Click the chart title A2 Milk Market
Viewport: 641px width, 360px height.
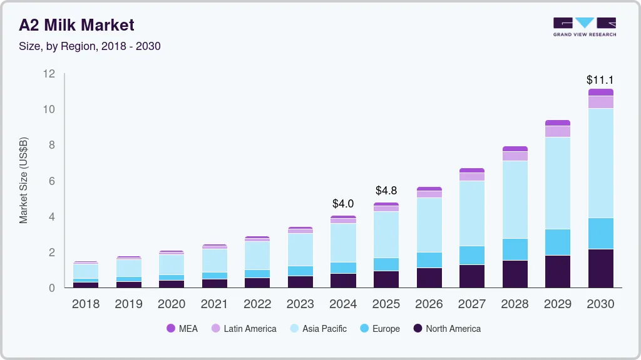click(x=76, y=25)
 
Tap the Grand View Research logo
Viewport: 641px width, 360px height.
click(x=584, y=26)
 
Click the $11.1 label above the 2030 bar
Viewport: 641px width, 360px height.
click(x=600, y=80)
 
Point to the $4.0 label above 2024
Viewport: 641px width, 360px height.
click(x=343, y=204)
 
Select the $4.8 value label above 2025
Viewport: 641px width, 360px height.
click(x=386, y=191)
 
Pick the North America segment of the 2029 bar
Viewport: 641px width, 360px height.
click(x=557, y=271)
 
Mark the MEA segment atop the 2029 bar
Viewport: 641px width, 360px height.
click(x=557, y=123)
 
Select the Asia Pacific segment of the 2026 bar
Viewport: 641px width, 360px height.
click(x=429, y=225)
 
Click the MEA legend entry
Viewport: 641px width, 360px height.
click(x=182, y=328)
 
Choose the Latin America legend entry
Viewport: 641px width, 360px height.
click(x=244, y=328)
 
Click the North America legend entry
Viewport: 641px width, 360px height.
click(x=447, y=328)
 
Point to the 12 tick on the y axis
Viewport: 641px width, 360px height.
click(x=49, y=74)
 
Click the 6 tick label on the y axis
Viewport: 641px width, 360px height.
click(x=52, y=181)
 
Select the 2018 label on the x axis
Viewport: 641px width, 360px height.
click(x=86, y=304)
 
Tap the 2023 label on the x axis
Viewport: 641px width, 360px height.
click(x=300, y=304)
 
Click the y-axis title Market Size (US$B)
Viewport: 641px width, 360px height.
click(x=24, y=179)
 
